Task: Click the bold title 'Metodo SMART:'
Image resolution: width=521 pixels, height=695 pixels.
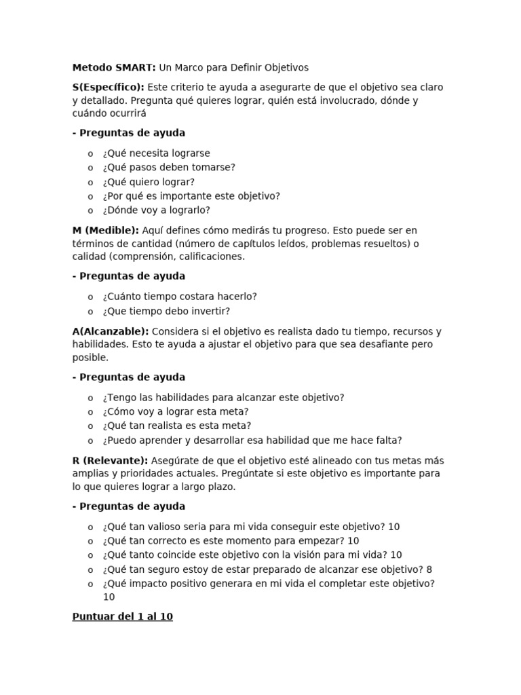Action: click(114, 67)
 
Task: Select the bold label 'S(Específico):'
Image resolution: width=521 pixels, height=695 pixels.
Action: click(109, 88)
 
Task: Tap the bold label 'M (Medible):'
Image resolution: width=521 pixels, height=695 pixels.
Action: click(105, 230)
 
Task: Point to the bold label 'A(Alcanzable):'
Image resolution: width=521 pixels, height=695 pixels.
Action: click(111, 331)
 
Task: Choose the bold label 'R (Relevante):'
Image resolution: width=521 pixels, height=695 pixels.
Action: click(110, 460)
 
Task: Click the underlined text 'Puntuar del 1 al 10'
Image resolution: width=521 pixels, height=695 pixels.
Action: click(122, 618)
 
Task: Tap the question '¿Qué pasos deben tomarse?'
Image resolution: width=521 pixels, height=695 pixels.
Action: click(169, 168)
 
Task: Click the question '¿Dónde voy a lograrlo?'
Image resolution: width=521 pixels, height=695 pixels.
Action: click(157, 210)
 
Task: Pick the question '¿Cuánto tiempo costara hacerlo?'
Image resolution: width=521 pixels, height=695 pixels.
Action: click(180, 297)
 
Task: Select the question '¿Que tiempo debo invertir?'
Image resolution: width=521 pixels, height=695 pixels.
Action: click(166, 311)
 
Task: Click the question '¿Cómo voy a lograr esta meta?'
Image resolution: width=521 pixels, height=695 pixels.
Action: click(176, 411)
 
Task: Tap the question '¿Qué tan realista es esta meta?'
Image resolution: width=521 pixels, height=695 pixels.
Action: click(177, 426)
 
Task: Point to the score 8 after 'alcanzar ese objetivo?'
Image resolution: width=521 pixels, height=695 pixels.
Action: click(429, 569)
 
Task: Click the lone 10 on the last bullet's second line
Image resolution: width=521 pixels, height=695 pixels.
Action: click(109, 597)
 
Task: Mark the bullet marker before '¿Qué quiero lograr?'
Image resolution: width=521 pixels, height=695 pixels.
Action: click(91, 182)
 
